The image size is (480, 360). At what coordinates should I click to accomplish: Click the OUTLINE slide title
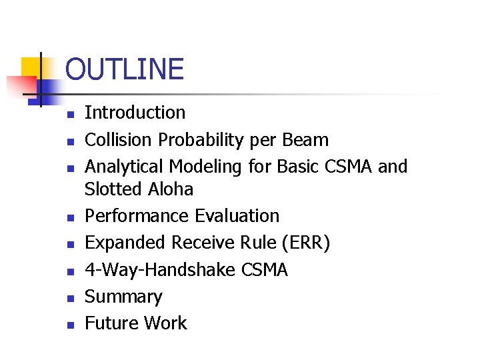(x=125, y=69)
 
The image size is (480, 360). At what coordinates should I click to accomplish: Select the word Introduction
(x=135, y=113)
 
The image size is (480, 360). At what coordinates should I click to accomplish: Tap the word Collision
(x=119, y=140)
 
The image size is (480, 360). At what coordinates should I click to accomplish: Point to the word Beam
(x=305, y=140)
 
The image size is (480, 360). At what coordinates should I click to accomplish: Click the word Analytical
(x=124, y=167)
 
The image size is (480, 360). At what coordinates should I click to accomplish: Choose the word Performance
(x=137, y=216)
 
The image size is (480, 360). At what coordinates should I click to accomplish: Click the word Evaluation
(x=237, y=216)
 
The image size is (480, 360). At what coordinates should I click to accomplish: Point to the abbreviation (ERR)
(x=304, y=243)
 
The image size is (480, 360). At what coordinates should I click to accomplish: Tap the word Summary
(x=123, y=297)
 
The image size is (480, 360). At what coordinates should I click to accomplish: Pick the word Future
(x=109, y=323)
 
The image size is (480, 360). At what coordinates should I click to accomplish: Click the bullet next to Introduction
(x=69, y=115)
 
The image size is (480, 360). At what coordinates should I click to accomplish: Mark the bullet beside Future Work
(x=69, y=325)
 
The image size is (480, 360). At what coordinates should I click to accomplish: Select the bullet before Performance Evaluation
(x=69, y=218)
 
